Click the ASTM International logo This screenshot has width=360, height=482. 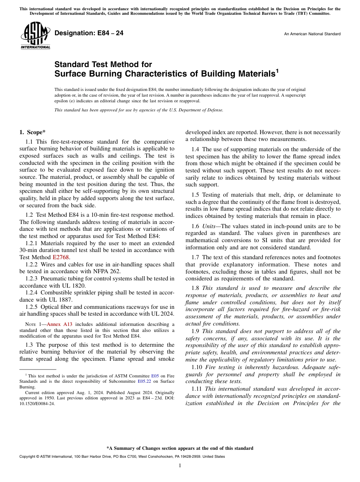35,36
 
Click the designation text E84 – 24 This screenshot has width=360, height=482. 89,33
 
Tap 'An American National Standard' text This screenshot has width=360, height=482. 312,34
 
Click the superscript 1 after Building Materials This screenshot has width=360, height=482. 277,70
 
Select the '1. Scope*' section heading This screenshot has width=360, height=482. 32,132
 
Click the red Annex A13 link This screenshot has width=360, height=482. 59,324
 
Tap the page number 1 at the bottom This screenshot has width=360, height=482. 180,466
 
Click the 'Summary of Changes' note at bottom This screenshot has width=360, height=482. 180,448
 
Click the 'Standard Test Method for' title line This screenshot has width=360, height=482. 103,64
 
